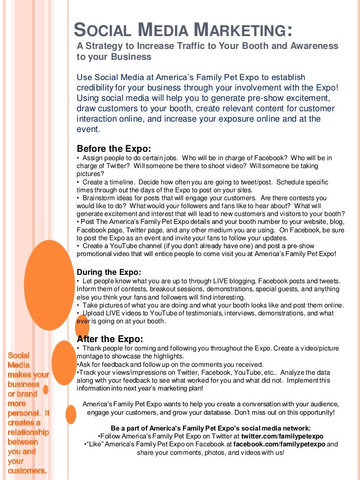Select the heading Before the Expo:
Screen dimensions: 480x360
[114, 149]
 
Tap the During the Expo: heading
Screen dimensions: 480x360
[109, 272]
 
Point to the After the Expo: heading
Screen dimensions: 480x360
[110, 339]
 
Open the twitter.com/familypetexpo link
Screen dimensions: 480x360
[282, 436]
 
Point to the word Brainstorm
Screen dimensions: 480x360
[100, 198]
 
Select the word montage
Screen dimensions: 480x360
[90, 356]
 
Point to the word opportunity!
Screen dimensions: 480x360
[314, 412]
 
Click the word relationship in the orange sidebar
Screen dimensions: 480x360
[28, 433]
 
